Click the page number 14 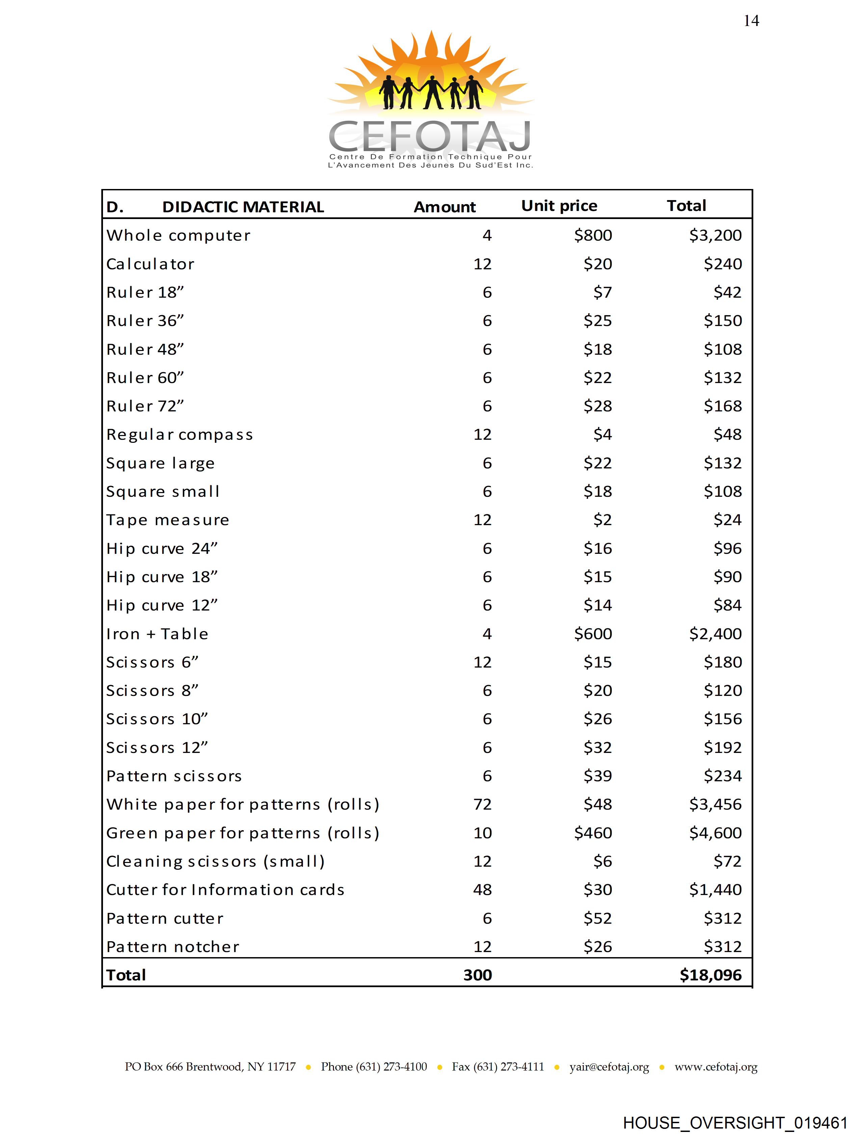click(751, 21)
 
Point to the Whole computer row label click(178, 236)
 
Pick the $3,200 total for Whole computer click(715, 236)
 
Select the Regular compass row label click(180, 435)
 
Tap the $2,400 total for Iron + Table click(715, 634)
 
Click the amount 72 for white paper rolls click(482, 805)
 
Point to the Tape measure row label click(168, 520)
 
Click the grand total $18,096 click(710, 975)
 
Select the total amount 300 click(477, 975)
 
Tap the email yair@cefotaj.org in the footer click(609, 1067)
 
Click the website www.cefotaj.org click(716, 1067)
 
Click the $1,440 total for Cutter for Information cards click(715, 890)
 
